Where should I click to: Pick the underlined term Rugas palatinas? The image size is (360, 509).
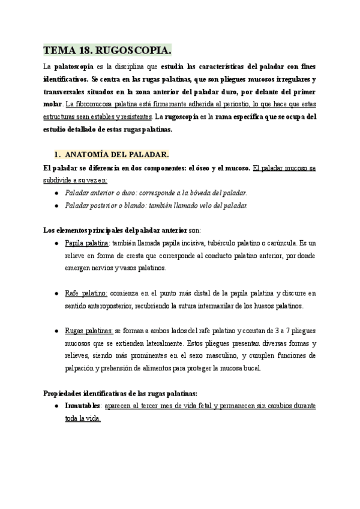coord(88,331)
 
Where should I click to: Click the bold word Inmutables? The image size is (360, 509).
coord(83,406)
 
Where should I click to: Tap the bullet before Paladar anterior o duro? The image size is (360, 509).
coord(56,193)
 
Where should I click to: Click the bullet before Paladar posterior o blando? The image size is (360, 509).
coord(56,205)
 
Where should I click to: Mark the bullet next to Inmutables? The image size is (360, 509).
coord(56,406)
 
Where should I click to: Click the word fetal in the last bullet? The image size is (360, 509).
coord(203,406)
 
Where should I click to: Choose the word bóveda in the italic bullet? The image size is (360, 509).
coord(192,193)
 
